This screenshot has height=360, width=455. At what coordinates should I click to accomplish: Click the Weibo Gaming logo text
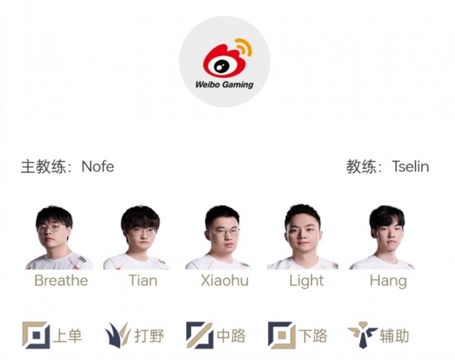click(x=224, y=85)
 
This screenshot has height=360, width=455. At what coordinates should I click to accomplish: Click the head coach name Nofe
click(x=98, y=167)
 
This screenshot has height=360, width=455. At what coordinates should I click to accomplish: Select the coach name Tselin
click(x=411, y=167)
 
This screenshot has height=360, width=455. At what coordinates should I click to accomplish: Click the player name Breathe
click(x=62, y=281)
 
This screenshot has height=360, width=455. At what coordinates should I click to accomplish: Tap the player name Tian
click(x=143, y=281)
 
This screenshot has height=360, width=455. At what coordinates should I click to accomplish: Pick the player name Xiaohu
click(x=224, y=281)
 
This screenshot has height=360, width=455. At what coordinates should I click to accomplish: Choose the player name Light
click(x=306, y=281)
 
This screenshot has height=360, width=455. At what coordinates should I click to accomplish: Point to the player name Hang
click(x=388, y=281)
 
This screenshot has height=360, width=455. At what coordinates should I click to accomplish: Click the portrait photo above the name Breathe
click(x=59, y=238)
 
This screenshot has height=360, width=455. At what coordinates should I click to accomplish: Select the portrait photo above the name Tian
click(x=136, y=238)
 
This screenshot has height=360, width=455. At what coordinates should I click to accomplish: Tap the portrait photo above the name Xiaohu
click(x=219, y=238)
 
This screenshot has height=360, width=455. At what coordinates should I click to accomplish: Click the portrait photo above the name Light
click(x=302, y=237)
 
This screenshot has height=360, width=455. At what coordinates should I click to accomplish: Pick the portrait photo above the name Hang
click(x=382, y=238)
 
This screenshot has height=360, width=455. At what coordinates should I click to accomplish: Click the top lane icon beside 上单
click(x=36, y=335)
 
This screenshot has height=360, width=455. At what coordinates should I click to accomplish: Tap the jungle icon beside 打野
click(x=118, y=335)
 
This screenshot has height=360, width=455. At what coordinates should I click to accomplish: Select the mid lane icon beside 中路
click(x=199, y=335)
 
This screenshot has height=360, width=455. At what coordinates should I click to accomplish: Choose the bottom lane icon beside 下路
click(x=281, y=335)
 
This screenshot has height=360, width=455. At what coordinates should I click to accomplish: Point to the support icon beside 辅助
click(x=363, y=335)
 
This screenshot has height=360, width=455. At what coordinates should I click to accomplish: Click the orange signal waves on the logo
click(x=245, y=46)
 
